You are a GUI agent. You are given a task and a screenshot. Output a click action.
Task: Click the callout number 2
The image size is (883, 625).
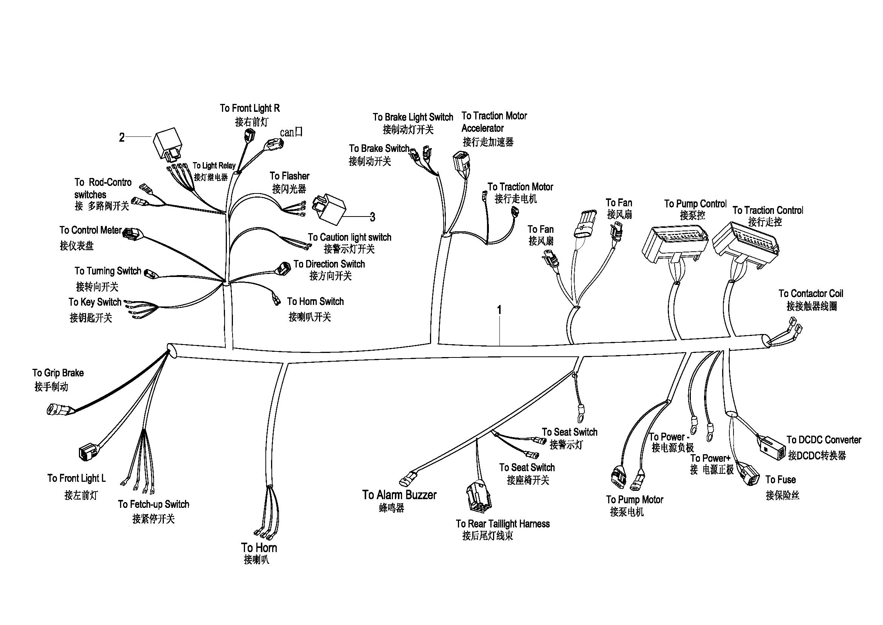(x=122, y=137)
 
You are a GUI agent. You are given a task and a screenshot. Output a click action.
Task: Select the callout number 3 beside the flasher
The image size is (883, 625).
(x=372, y=217)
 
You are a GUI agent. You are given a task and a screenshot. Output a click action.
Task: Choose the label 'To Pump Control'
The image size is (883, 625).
(x=695, y=204)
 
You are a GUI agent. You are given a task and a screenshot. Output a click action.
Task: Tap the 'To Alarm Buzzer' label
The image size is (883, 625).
(x=399, y=495)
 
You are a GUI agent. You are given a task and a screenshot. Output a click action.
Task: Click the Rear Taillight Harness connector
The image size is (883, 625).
(x=479, y=497)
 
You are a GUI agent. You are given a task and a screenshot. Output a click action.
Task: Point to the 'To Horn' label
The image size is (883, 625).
(x=259, y=547)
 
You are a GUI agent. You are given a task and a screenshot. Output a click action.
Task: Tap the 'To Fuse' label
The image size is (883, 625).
(x=780, y=480)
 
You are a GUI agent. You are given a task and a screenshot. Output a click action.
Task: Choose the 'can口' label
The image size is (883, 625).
(x=291, y=132)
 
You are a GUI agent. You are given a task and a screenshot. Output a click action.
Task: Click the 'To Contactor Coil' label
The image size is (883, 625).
(x=811, y=294)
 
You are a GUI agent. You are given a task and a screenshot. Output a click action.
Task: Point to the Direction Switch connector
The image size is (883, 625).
(x=284, y=268)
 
